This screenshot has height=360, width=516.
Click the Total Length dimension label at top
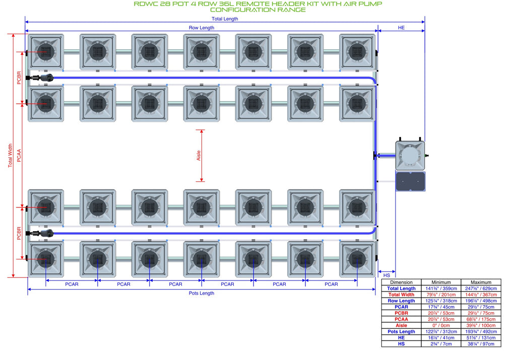(x=225, y=19)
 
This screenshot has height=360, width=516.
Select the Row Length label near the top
(x=202, y=28)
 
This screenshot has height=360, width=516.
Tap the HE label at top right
(x=401, y=28)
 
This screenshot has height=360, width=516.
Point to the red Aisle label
(x=199, y=156)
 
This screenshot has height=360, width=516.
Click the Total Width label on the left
(x=10, y=156)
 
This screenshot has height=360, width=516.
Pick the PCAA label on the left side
(x=19, y=156)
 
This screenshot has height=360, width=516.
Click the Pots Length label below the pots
(x=202, y=293)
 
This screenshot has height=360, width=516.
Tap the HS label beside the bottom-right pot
(x=386, y=275)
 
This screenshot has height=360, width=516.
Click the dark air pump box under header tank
(x=410, y=181)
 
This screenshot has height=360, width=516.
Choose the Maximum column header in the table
(x=481, y=282)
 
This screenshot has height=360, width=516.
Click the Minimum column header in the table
(x=441, y=282)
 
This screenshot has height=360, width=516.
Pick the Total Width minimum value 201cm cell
(x=441, y=295)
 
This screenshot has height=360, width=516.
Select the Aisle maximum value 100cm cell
(x=481, y=325)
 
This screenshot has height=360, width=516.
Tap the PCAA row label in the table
(x=401, y=319)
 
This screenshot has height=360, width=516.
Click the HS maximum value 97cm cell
(x=481, y=344)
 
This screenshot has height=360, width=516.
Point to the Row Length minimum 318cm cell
(x=441, y=301)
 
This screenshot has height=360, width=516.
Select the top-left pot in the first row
(x=46, y=52)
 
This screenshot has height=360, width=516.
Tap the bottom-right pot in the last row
(x=357, y=259)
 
